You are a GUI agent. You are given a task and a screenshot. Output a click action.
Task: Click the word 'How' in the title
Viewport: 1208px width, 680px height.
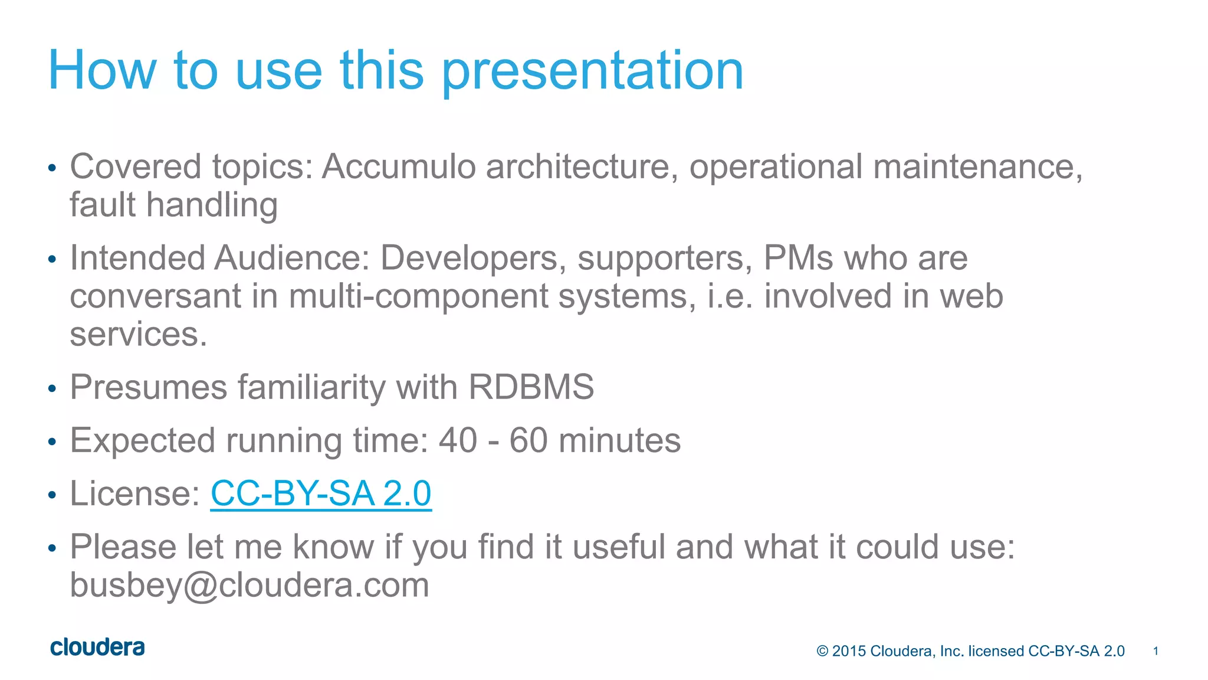tap(101, 71)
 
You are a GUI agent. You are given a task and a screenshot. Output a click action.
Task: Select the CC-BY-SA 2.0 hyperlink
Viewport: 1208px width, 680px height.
tap(321, 493)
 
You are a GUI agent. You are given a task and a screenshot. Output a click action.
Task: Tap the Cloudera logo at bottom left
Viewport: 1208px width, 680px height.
tap(97, 648)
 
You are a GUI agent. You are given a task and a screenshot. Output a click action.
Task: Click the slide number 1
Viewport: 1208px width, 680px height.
tap(1156, 651)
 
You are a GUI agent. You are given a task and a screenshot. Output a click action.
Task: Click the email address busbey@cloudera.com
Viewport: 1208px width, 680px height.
tap(250, 585)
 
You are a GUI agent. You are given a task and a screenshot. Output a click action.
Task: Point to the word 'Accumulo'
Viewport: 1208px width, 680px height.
tap(399, 166)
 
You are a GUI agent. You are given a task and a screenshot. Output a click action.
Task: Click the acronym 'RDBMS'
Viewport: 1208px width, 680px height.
tap(531, 387)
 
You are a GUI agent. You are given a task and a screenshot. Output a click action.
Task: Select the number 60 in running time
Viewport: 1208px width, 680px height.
tap(528, 440)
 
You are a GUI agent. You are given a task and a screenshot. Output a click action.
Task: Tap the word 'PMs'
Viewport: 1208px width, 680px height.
tap(798, 259)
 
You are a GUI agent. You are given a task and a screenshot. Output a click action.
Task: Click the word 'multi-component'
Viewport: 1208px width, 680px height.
tap(418, 296)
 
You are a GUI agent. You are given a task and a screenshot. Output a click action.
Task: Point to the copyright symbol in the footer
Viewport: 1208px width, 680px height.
tap(822, 651)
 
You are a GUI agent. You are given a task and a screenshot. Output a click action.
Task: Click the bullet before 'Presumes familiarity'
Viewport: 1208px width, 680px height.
tap(52, 389)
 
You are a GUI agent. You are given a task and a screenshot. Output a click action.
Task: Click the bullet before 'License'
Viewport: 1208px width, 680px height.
tap(52, 495)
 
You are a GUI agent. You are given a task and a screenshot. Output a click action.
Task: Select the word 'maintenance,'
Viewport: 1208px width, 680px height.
tap(977, 166)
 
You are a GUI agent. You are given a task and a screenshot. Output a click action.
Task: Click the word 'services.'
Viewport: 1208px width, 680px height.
tap(139, 334)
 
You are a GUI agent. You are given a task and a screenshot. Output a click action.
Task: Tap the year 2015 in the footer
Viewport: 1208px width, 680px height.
tap(849, 651)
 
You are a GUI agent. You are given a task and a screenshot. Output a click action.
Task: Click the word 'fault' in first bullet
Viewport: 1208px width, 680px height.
tap(103, 205)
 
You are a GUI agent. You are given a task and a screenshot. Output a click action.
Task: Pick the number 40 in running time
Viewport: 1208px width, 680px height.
tap(458, 440)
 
